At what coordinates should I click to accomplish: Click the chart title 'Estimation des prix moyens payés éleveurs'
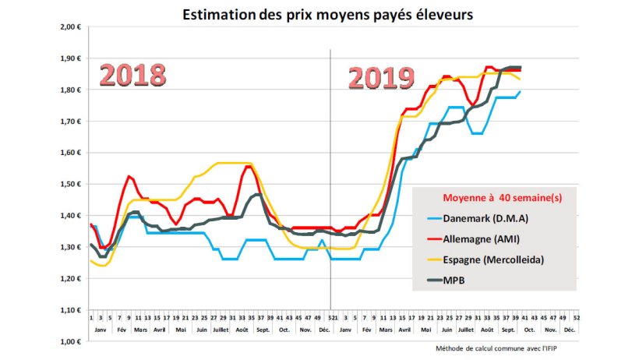click(x=327, y=14)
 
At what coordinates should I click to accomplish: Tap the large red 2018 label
click(x=132, y=75)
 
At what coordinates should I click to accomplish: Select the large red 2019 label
click(x=380, y=77)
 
